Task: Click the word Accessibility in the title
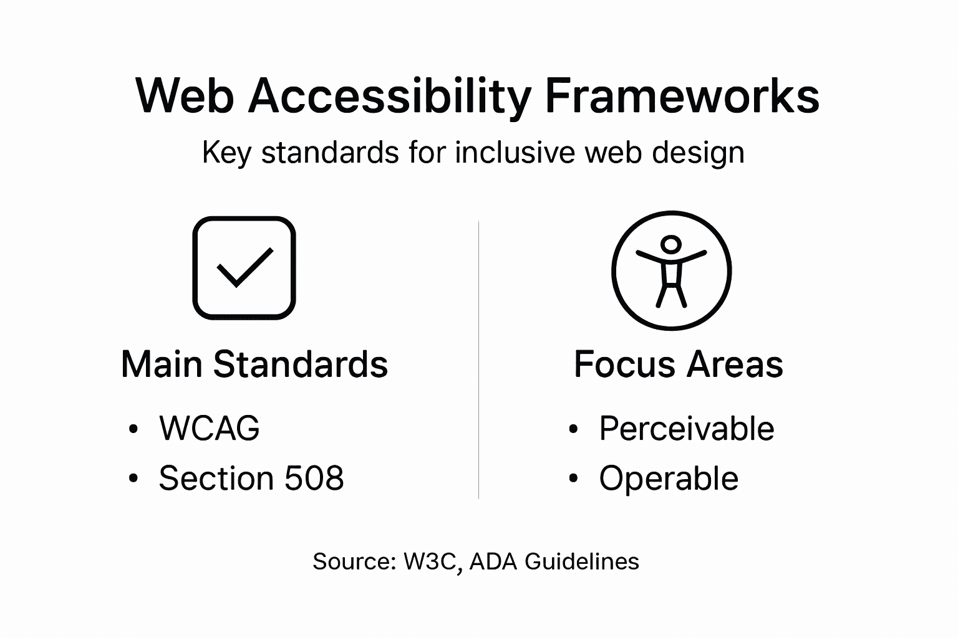(x=389, y=97)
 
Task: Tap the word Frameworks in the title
(x=682, y=97)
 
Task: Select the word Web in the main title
(x=185, y=97)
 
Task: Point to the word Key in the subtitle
(x=226, y=153)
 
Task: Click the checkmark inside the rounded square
(x=244, y=268)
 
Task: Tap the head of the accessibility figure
(x=671, y=244)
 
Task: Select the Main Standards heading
(x=254, y=364)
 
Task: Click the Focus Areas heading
(x=678, y=364)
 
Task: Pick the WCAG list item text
(x=210, y=429)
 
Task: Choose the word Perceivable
(x=686, y=429)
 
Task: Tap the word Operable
(x=669, y=478)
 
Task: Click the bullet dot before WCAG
(x=132, y=429)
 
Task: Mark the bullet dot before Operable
(x=573, y=479)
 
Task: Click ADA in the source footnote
(x=493, y=561)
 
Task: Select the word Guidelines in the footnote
(x=581, y=561)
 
